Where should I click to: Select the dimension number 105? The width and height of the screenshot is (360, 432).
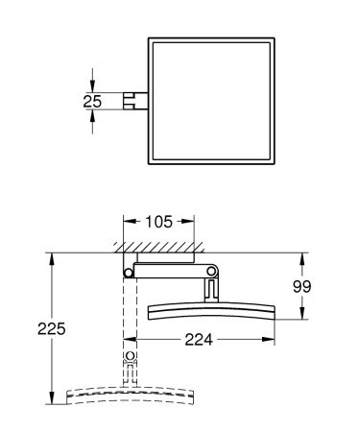tap(161, 222)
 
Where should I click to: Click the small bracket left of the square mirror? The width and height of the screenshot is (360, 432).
tap(135, 99)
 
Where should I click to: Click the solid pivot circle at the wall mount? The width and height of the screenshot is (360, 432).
tap(129, 274)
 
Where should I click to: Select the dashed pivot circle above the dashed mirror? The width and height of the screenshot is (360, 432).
tap(130, 361)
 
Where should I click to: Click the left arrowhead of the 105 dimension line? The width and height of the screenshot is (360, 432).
tap(127, 222)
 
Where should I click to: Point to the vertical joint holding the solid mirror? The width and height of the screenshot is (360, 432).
tap(209, 284)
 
